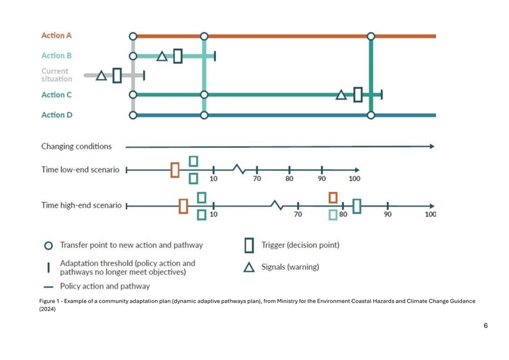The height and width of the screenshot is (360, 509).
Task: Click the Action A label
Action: click(56, 36)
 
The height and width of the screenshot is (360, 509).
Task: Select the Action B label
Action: click(56, 56)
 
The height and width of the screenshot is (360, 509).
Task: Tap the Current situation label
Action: click(56, 75)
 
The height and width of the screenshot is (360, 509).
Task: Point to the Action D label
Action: click(57, 115)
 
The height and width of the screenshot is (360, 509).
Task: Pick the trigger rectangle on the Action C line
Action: click(358, 94)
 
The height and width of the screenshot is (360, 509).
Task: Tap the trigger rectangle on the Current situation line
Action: click(117, 75)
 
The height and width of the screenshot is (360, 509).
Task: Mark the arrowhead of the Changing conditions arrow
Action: click(432, 147)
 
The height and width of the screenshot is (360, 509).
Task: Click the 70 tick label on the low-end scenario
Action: click(257, 178)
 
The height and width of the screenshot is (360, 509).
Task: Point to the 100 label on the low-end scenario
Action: click(354, 178)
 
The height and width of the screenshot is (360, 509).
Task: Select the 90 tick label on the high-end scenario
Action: click(388, 215)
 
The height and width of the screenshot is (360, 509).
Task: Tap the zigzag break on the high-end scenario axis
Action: click(277, 205)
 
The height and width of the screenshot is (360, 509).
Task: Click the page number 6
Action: click(485, 325)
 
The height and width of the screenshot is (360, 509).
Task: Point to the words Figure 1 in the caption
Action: click(50, 301)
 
